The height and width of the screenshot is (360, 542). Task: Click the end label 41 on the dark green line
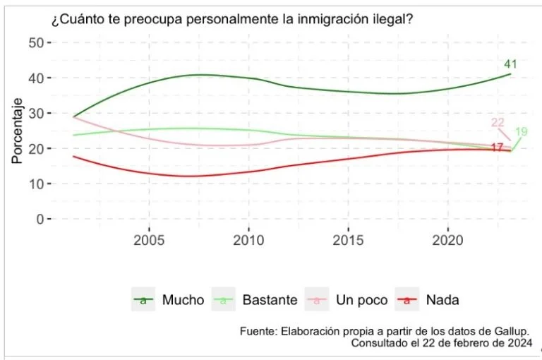coord(511,65)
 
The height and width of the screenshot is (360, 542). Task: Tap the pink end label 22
coord(498,123)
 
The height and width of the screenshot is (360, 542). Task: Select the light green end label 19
coord(522,132)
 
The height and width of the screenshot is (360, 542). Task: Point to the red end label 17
coord(497,148)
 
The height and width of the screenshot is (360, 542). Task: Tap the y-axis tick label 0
coord(37,219)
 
